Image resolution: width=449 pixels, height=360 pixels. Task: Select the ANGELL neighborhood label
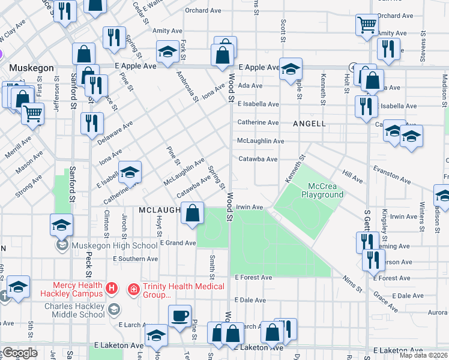[309, 124]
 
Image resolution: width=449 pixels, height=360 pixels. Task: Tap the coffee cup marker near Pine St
[179, 316]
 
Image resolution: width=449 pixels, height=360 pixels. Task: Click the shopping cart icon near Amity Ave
[367, 25]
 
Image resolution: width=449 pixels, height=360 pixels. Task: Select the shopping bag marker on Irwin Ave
[192, 214]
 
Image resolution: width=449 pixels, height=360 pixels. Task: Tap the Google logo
[19, 352]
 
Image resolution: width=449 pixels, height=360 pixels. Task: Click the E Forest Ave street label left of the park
[253, 278]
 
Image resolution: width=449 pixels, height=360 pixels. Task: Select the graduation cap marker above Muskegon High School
[61, 225]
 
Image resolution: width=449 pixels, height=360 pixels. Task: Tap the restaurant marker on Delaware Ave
[91, 124]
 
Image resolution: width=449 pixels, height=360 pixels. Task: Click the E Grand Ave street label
[178, 243]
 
